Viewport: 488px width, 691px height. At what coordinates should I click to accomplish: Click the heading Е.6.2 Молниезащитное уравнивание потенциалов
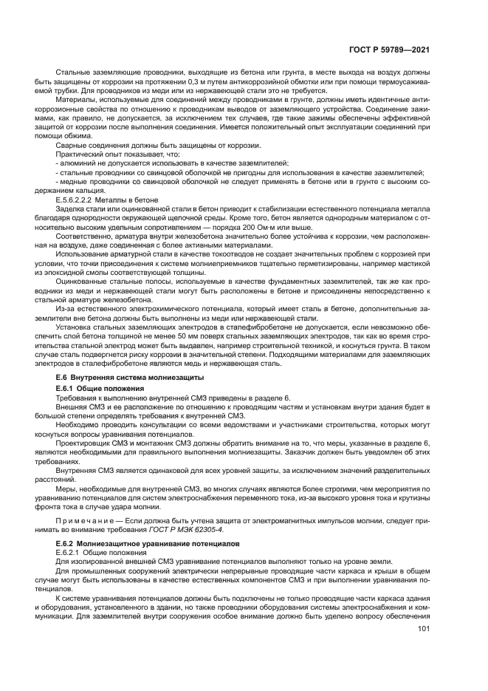pyautogui.click(x=140, y=543)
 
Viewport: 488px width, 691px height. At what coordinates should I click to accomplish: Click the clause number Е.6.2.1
pyautogui.click(x=70, y=552)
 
